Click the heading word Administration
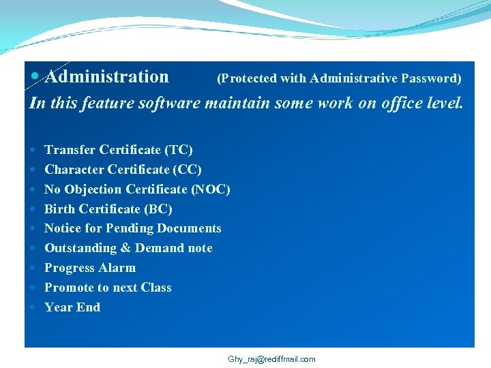click(107, 77)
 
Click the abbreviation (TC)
click(179, 150)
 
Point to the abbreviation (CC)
click(188, 170)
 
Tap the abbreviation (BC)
click(158, 209)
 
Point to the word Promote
click(68, 288)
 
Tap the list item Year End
click(72, 307)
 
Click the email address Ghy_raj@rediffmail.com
click(271, 359)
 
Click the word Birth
click(60, 209)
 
